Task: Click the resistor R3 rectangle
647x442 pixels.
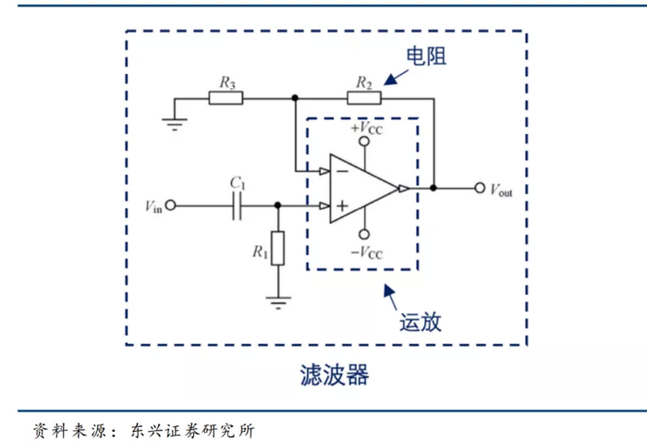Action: pyautogui.click(x=226, y=98)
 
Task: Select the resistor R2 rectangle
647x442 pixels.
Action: pyautogui.click(x=363, y=98)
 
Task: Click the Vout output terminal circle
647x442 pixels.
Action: pyautogui.click(x=479, y=188)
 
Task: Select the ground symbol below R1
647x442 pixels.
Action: pyautogui.click(x=277, y=299)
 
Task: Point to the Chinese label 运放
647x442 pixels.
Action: pyautogui.click(x=419, y=323)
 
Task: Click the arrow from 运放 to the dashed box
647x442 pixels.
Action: pyautogui.click(x=390, y=296)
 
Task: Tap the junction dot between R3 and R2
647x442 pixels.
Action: pyautogui.click(x=295, y=98)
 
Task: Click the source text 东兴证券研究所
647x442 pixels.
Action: pyautogui.click(x=191, y=430)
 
